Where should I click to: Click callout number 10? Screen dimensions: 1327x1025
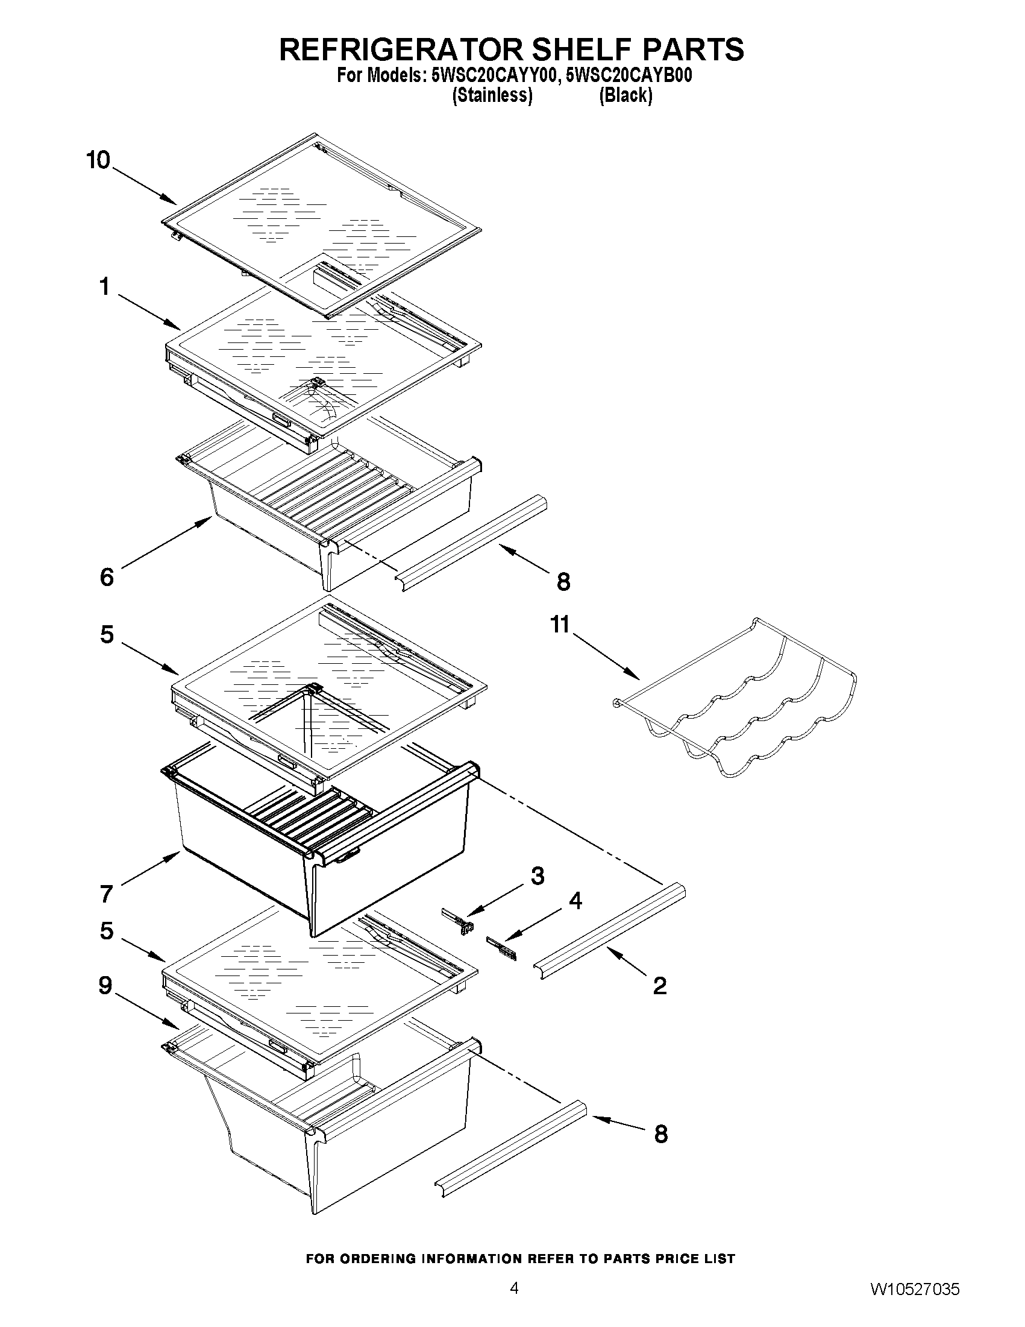click(98, 161)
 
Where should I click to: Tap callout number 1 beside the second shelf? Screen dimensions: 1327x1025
click(105, 286)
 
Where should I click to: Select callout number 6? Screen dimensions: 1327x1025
click(106, 577)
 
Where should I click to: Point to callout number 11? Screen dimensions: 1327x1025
click(560, 625)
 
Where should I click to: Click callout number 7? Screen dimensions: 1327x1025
click(106, 894)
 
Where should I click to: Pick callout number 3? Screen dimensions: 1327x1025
click(538, 875)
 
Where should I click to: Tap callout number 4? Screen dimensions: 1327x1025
click(574, 901)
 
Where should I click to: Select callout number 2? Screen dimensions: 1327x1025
click(659, 986)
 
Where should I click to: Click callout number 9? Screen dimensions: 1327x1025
click(105, 985)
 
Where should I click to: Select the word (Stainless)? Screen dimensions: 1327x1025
click(492, 96)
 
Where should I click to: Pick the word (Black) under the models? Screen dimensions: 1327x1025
click(625, 96)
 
